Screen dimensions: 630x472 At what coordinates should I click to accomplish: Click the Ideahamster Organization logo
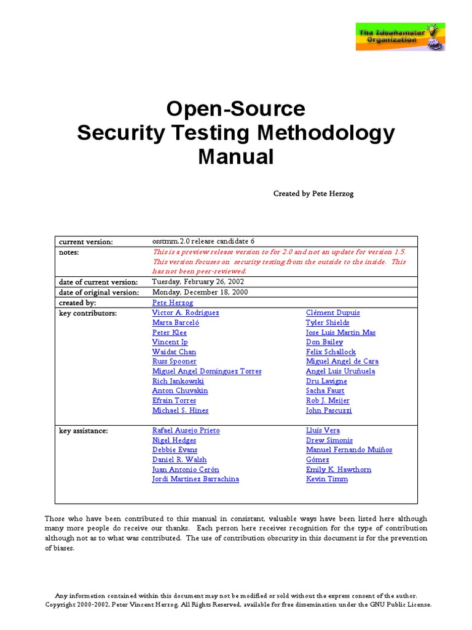400,37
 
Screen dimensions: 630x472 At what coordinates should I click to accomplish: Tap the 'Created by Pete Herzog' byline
313,193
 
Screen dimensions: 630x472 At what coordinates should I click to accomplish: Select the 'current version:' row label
86,242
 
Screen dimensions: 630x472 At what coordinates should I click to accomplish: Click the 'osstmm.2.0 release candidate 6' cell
203,241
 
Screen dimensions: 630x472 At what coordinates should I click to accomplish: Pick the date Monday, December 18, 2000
200,292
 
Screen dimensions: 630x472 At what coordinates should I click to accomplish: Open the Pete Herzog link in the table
173,303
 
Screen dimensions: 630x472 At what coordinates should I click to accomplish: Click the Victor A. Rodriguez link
186,313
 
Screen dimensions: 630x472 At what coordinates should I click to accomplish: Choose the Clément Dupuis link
332,313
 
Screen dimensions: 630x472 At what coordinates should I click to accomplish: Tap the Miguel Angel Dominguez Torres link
206,371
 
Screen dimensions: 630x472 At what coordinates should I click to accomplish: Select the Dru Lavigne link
326,381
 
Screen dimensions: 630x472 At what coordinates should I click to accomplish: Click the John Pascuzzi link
329,410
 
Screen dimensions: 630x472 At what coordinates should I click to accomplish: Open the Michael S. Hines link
180,410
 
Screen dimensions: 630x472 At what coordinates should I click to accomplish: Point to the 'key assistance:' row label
84,431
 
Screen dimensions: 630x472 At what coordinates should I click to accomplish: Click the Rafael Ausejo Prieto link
186,430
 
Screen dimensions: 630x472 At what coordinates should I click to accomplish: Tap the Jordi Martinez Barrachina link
195,479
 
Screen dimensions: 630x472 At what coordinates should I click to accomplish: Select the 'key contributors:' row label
88,313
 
